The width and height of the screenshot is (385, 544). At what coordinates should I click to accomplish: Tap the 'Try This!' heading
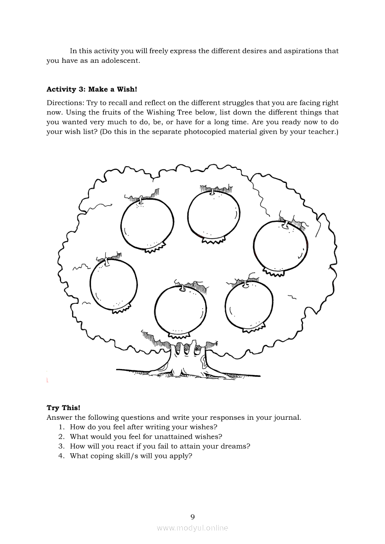[63, 408]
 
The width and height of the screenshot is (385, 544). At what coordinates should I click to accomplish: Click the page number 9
[192, 517]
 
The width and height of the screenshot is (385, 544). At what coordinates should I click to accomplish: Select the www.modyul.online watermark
[192, 528]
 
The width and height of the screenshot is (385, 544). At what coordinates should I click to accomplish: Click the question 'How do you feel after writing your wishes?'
[144, 426]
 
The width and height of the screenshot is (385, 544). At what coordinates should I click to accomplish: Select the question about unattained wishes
[146, 437]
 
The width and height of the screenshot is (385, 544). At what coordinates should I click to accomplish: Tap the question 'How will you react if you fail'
[160, 446]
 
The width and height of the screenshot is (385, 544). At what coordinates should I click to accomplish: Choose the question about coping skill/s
[131, 456]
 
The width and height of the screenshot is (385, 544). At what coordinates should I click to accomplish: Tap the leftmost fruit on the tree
[114, 284]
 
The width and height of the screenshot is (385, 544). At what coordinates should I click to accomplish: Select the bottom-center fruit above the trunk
[180, 309]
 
